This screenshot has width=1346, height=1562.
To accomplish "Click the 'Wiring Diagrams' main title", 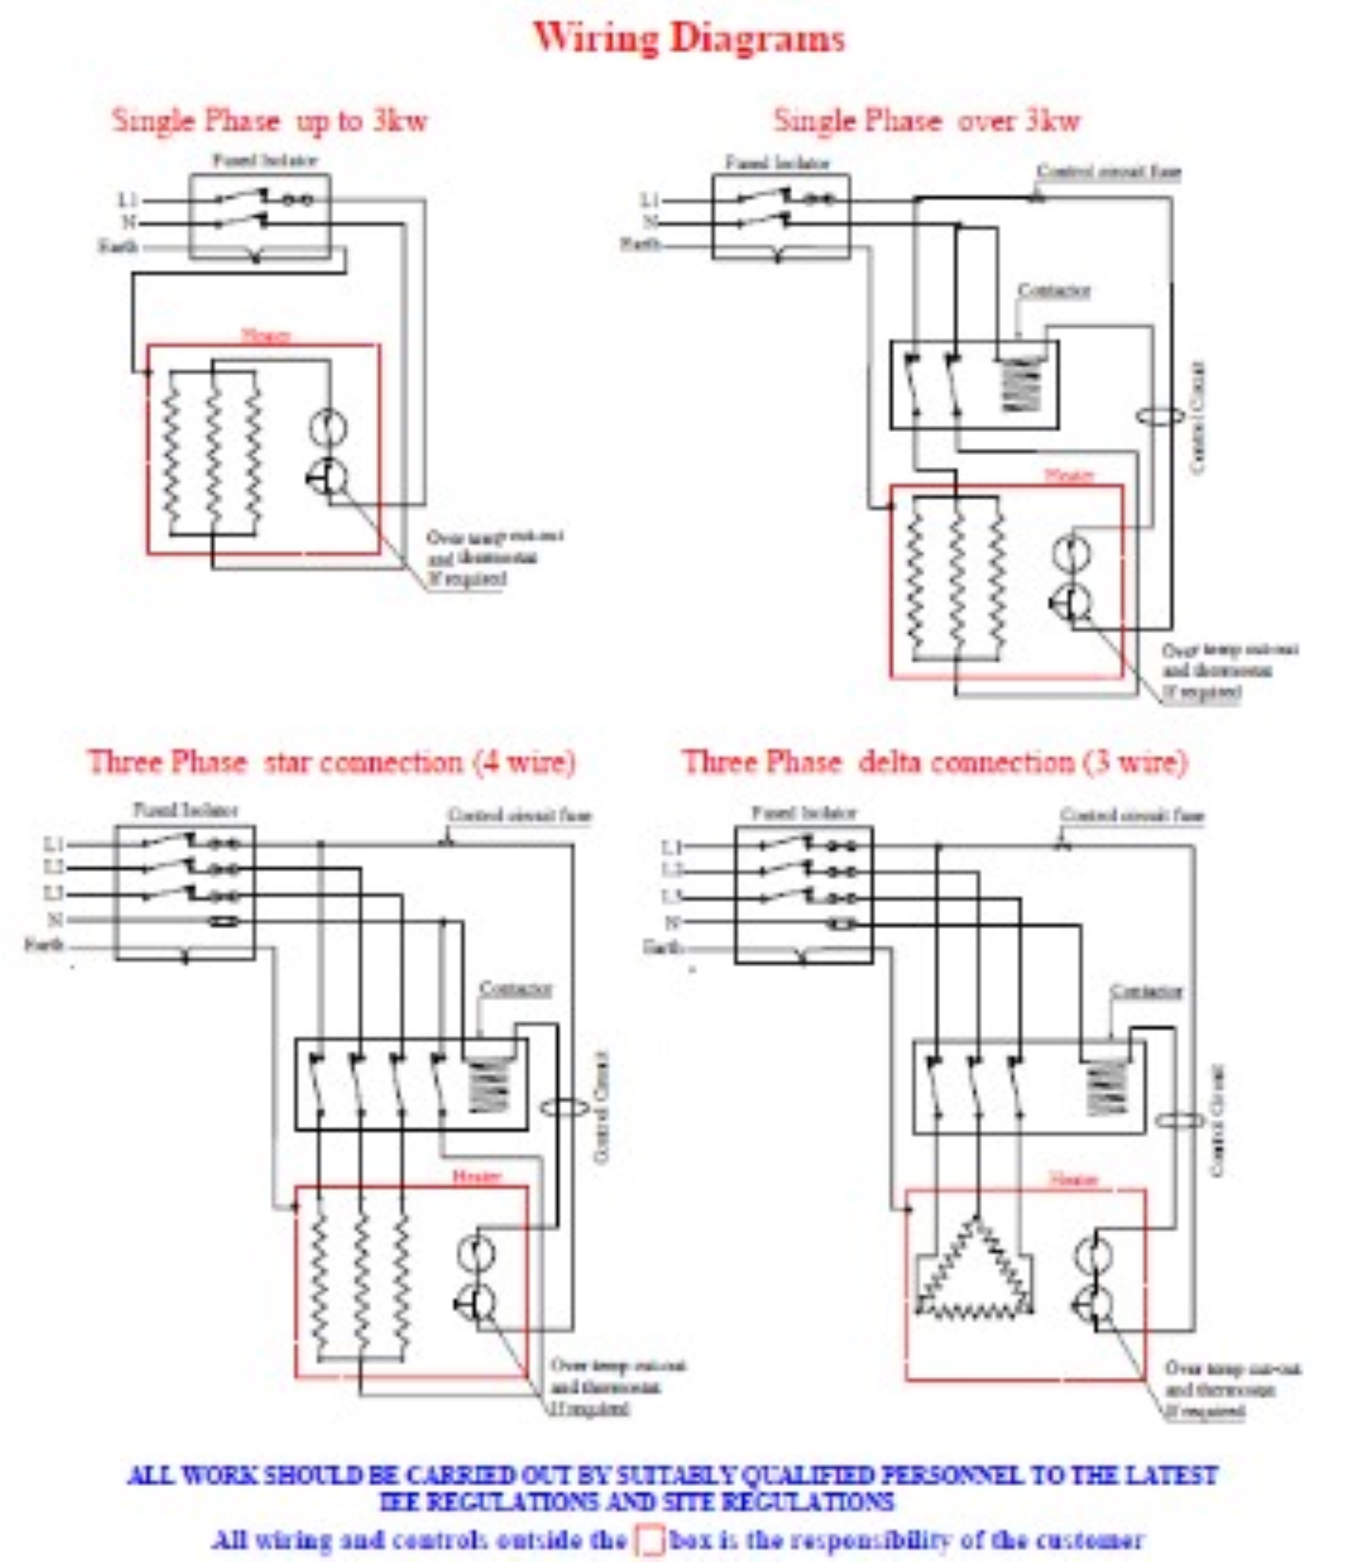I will [688, 38].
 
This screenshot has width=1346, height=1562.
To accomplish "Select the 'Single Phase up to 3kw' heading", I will [270, 120].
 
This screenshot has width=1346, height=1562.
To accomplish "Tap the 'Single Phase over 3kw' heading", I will [927, 120].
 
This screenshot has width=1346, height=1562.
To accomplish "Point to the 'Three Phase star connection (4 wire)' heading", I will [332, 762].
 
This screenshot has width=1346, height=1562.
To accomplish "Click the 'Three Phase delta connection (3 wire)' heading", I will [934, 762].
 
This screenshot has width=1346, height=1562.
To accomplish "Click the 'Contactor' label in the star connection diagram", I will [516, 989].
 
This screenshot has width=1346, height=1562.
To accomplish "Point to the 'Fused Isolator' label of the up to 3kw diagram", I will [264, 161].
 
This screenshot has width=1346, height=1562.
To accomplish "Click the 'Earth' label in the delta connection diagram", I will [662, 947].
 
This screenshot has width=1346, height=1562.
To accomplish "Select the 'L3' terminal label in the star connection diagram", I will [54, 895].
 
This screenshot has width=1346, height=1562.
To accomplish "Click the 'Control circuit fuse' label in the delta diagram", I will [1132, 815].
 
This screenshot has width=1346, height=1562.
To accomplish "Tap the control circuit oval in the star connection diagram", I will [565, 1108].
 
